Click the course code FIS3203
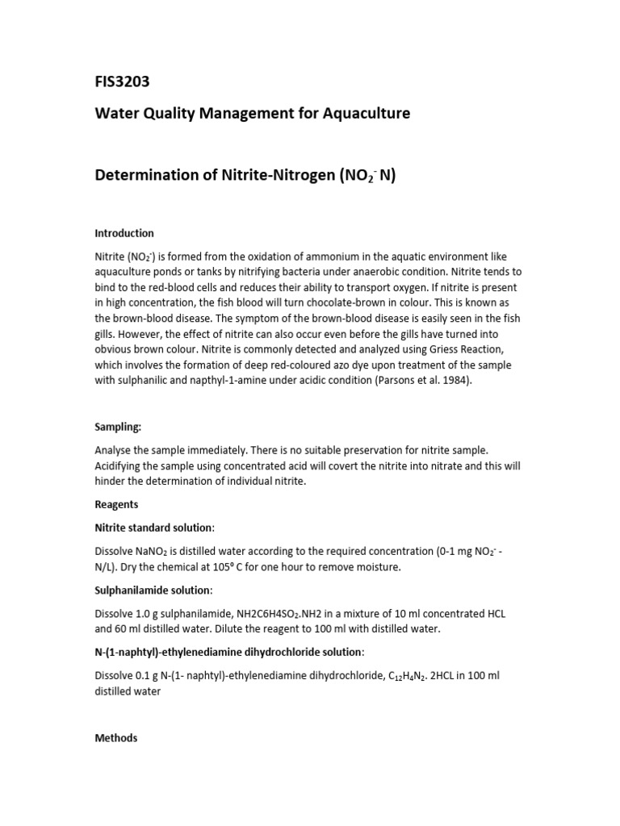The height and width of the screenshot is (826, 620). tap(123, 82)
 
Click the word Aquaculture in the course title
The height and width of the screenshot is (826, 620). tap(367, 114)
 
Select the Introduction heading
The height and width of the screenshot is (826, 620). tap(124, 234)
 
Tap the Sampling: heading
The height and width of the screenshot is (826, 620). tap(119, 428)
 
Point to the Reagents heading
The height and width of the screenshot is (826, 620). tap(116, 504)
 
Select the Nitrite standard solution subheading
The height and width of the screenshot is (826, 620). tap(154, 528)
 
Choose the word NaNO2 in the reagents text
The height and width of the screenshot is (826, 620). tap(156, 552)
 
